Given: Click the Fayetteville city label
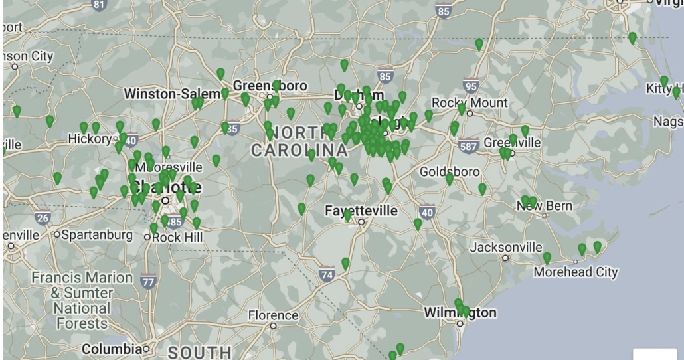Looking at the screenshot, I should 361,211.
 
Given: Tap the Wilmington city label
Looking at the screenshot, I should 460,312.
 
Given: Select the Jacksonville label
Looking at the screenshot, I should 506,247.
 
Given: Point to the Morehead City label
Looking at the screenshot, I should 576,272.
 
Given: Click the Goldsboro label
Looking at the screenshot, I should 450,172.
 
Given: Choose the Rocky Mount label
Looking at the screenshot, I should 470,103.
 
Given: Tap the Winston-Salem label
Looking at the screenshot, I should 171,94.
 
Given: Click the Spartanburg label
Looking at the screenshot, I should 97,234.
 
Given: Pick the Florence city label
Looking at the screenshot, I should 273,315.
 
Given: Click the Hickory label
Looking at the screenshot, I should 90,139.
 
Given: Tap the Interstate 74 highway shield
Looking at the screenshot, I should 326,273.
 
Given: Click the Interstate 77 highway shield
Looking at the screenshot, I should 148,282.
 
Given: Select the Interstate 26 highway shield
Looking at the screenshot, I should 43,217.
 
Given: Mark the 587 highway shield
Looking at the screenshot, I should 469,145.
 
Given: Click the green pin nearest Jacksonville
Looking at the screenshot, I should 547,258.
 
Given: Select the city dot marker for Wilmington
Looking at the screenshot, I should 460,324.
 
